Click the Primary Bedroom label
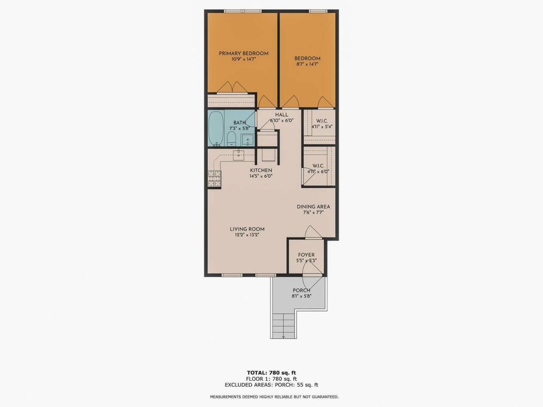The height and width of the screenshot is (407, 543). [x=244, y=53]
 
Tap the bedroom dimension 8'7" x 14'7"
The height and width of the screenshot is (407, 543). [x=307, y=65]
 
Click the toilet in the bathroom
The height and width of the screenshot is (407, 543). [x=231, y=138]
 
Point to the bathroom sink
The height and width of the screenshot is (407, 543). [x=247, y=139]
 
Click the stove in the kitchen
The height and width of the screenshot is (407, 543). [x=215, y=179]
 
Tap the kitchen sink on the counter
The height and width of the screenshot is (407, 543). [x=238, y=155]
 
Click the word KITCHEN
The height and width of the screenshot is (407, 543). [x=260, y=170]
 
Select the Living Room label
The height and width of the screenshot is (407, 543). [x=247, y=229]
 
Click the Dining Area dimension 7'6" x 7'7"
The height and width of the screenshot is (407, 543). [x=313, y=213]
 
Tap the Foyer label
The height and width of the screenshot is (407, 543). [x=306, y=255]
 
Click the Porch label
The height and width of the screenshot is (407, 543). [x=301, y=290]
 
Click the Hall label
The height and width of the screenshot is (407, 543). [x=281, y=115]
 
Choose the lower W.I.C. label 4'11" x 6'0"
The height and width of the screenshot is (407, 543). [x=318, y=169]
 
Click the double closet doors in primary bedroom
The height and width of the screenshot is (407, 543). [x=232, y=87]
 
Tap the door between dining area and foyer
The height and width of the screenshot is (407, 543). [x=313, y=233]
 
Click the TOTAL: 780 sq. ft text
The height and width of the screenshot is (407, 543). [x=271, y=373]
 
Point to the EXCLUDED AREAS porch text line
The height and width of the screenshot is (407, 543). [x=271, y=385]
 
